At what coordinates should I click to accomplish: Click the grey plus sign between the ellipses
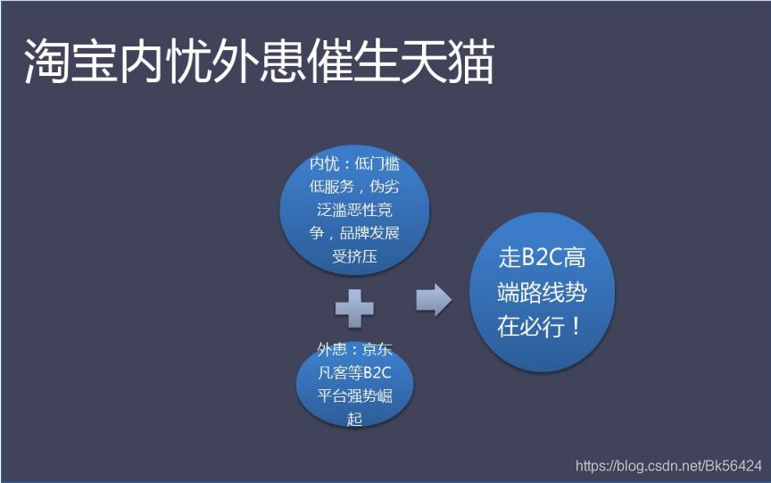354,310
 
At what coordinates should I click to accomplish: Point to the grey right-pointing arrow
434,299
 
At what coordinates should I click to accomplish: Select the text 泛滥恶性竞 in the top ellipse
354,211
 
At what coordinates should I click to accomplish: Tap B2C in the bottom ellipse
377,372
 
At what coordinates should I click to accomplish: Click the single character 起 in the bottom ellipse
354,418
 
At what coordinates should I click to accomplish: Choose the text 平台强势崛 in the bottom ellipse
354,396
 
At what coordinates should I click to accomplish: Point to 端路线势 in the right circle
542,292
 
